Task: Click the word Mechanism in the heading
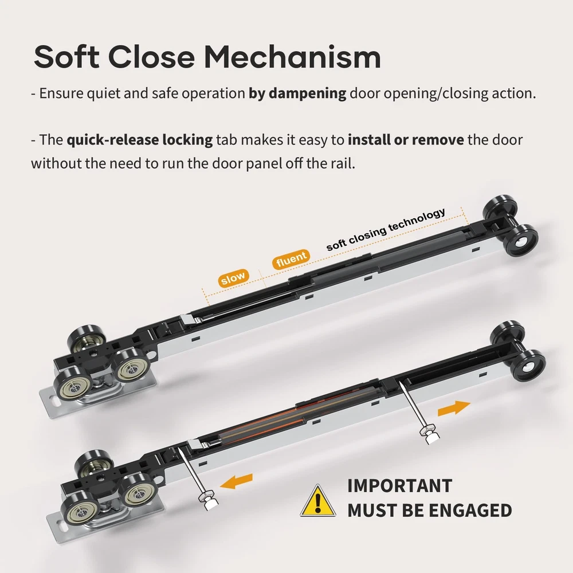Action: (292, 57)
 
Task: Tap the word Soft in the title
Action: (66, 57)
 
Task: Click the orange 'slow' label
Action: (233, 278)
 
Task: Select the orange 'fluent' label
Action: (291, 259)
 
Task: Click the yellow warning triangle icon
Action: (318, 501)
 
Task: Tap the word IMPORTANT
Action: (399, 486)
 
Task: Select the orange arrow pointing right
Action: (454, 407)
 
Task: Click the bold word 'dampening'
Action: (307, 93)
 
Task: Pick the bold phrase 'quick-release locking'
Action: (140, 140)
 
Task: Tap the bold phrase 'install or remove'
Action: (406, 140)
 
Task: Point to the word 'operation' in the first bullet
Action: (213, 94)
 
